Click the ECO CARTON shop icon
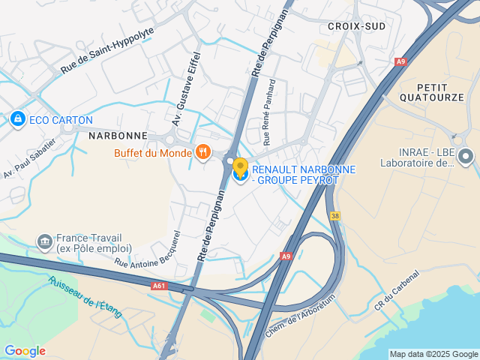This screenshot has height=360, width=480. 16,119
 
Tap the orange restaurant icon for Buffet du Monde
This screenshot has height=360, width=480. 202,153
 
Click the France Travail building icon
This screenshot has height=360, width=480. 44,242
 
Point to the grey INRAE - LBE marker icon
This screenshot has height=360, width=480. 466,156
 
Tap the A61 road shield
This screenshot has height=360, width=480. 158,285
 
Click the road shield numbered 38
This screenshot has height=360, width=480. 334,215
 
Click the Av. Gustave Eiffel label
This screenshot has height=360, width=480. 187,88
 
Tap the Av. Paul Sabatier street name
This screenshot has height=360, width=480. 30,158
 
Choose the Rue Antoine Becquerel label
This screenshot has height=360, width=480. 148,247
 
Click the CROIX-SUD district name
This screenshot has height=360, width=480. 356,26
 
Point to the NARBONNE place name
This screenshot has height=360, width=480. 118,136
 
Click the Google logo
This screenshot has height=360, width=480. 25,351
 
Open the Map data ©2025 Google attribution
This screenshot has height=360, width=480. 433,354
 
